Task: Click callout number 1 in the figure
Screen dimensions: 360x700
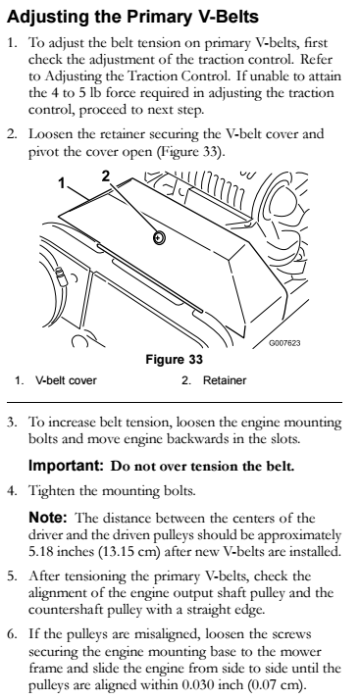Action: point(63,182)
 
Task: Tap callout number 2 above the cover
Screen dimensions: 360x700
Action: point(105,176)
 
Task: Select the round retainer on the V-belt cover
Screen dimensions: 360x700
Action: point(159,238)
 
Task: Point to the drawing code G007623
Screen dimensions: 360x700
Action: point(284,343)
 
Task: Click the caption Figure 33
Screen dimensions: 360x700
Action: point(175,360)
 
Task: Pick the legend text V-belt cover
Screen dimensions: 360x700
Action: point(66,380)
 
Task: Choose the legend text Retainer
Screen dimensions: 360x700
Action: point(225,380)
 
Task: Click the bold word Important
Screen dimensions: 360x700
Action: point(66,466)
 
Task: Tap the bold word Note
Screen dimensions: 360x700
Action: point(48,518)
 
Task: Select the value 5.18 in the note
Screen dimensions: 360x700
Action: point(40,552)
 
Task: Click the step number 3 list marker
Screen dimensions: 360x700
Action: point(11,422)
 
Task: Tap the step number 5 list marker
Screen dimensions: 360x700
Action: point(11,576)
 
